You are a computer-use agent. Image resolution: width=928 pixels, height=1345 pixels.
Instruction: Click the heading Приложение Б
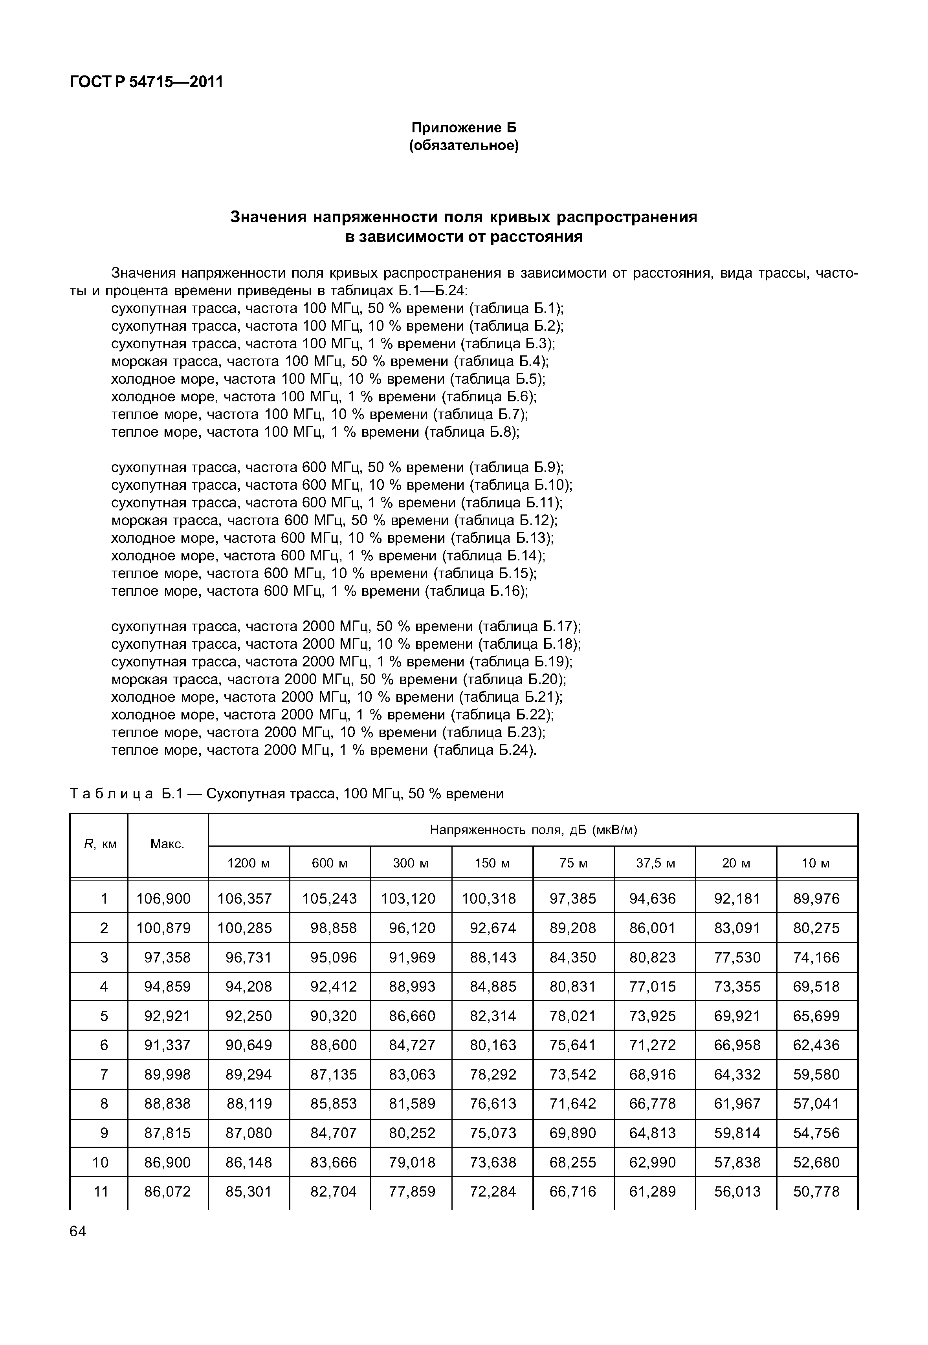pos(464,127)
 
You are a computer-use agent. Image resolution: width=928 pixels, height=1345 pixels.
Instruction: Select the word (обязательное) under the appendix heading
pos(464,145)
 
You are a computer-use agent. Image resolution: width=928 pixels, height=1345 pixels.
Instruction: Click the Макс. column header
pos(167,844)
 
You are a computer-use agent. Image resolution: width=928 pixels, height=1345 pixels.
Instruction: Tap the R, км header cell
pos(99,844)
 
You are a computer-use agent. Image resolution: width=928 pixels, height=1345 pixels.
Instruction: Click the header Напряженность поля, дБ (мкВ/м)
pos(533,829)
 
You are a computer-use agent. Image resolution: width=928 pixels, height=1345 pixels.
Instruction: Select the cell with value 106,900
pos(163,898)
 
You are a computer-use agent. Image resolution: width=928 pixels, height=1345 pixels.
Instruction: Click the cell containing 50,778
pos(816,1191)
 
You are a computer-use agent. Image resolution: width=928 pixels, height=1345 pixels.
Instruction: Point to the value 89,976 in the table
pos(816,898)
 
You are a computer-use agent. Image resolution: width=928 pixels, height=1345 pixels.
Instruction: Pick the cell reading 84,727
pos(412,1045)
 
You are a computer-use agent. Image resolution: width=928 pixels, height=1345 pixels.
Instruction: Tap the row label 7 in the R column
pos(104,1074)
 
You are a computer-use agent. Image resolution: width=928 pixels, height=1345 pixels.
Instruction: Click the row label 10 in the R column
pos(101,1162)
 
